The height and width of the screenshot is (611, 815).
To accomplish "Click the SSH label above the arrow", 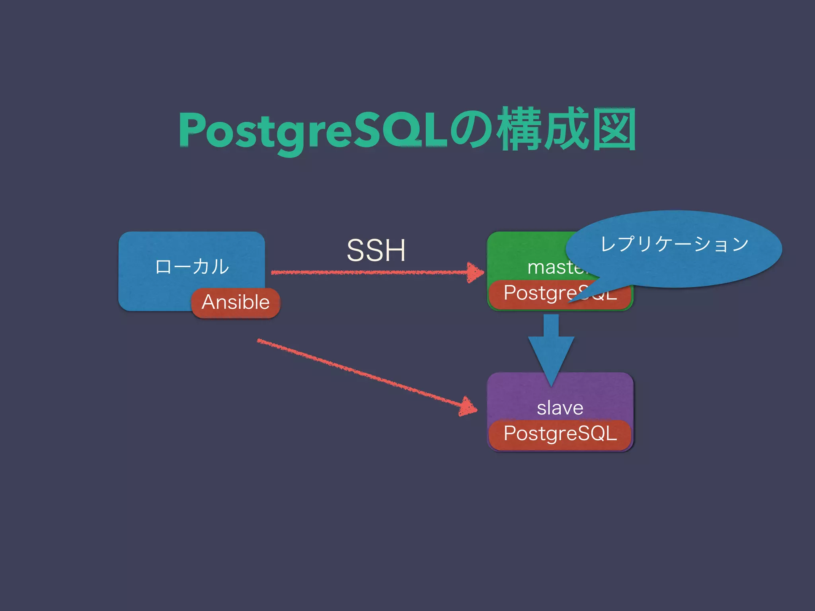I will tap(376, 251).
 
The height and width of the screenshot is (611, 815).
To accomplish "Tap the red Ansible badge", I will tap(236, 302).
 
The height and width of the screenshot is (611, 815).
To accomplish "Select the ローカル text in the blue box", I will tap(192, 267).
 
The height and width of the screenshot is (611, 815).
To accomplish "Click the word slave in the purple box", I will tap(560, 408).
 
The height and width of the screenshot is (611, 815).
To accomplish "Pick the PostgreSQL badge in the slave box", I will tap(560, 434).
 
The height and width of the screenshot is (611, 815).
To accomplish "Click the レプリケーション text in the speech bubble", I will tap(674, 244).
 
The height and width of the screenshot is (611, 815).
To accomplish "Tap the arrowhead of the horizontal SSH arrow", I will tap(476, 272).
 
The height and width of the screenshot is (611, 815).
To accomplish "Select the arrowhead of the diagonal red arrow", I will tap(468, 407).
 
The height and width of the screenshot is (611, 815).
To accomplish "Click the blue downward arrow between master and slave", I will tap(551, 350).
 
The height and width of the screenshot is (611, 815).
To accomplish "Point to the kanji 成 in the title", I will tap(567, 130).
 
